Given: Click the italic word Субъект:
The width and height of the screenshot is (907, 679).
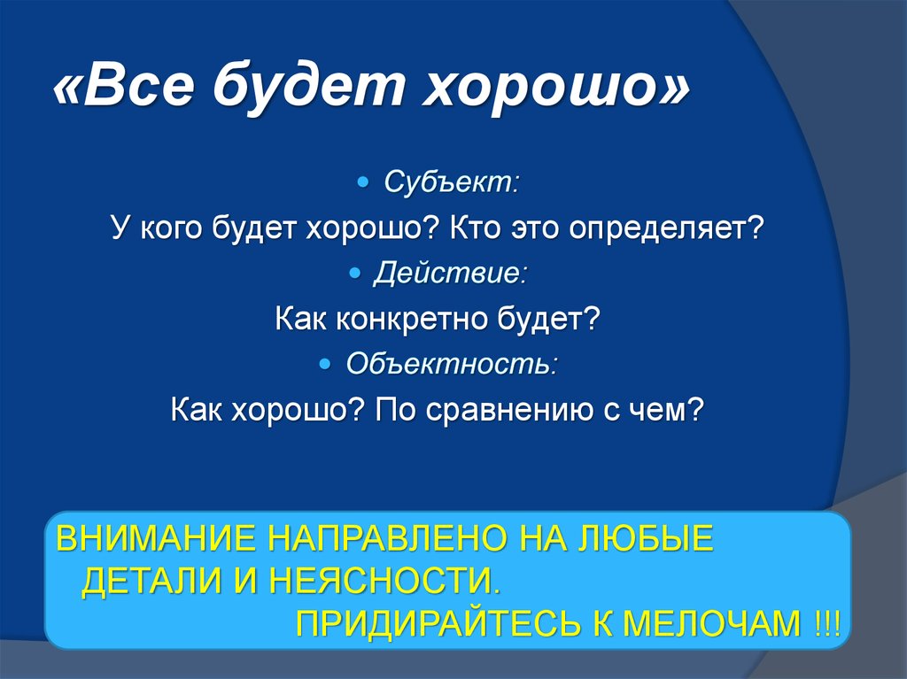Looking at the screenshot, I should click(x=452, y=182).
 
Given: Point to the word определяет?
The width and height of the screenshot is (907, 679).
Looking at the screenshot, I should click(x=666, y=228).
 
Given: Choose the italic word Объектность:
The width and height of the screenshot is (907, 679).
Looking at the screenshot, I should click(x=452, y=364).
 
